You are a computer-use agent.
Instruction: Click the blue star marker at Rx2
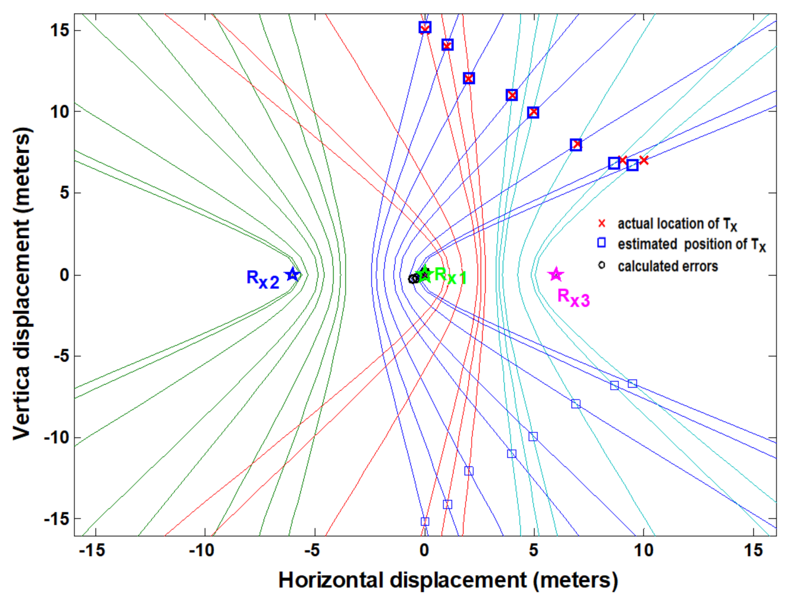(292, 275)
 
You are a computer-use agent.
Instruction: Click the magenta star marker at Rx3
(555, 274)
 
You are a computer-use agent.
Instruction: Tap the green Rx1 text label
(451, 276)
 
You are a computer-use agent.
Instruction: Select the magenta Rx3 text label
(574, 297)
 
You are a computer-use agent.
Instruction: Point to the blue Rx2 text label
(263, 279)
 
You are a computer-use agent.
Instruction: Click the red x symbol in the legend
(602, 223)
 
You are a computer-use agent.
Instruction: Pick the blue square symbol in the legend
(602, 244)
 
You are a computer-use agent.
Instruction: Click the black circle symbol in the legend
(602, 265)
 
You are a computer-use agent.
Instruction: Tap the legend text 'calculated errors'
(667, 266)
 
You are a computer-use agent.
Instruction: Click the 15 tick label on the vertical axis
(59, 31)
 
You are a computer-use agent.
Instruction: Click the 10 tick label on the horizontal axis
(643, 551)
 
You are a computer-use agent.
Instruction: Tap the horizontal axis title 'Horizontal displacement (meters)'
(448, 580)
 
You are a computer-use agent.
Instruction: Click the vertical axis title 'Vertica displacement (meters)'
(22, 284)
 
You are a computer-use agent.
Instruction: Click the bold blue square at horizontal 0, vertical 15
(425, 27)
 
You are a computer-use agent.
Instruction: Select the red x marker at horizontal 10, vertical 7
(644, 160)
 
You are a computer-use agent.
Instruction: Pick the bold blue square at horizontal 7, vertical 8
(576, 145)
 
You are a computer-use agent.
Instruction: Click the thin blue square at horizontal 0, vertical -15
(425, 522)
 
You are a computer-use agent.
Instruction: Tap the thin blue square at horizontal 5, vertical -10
(533, 436)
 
